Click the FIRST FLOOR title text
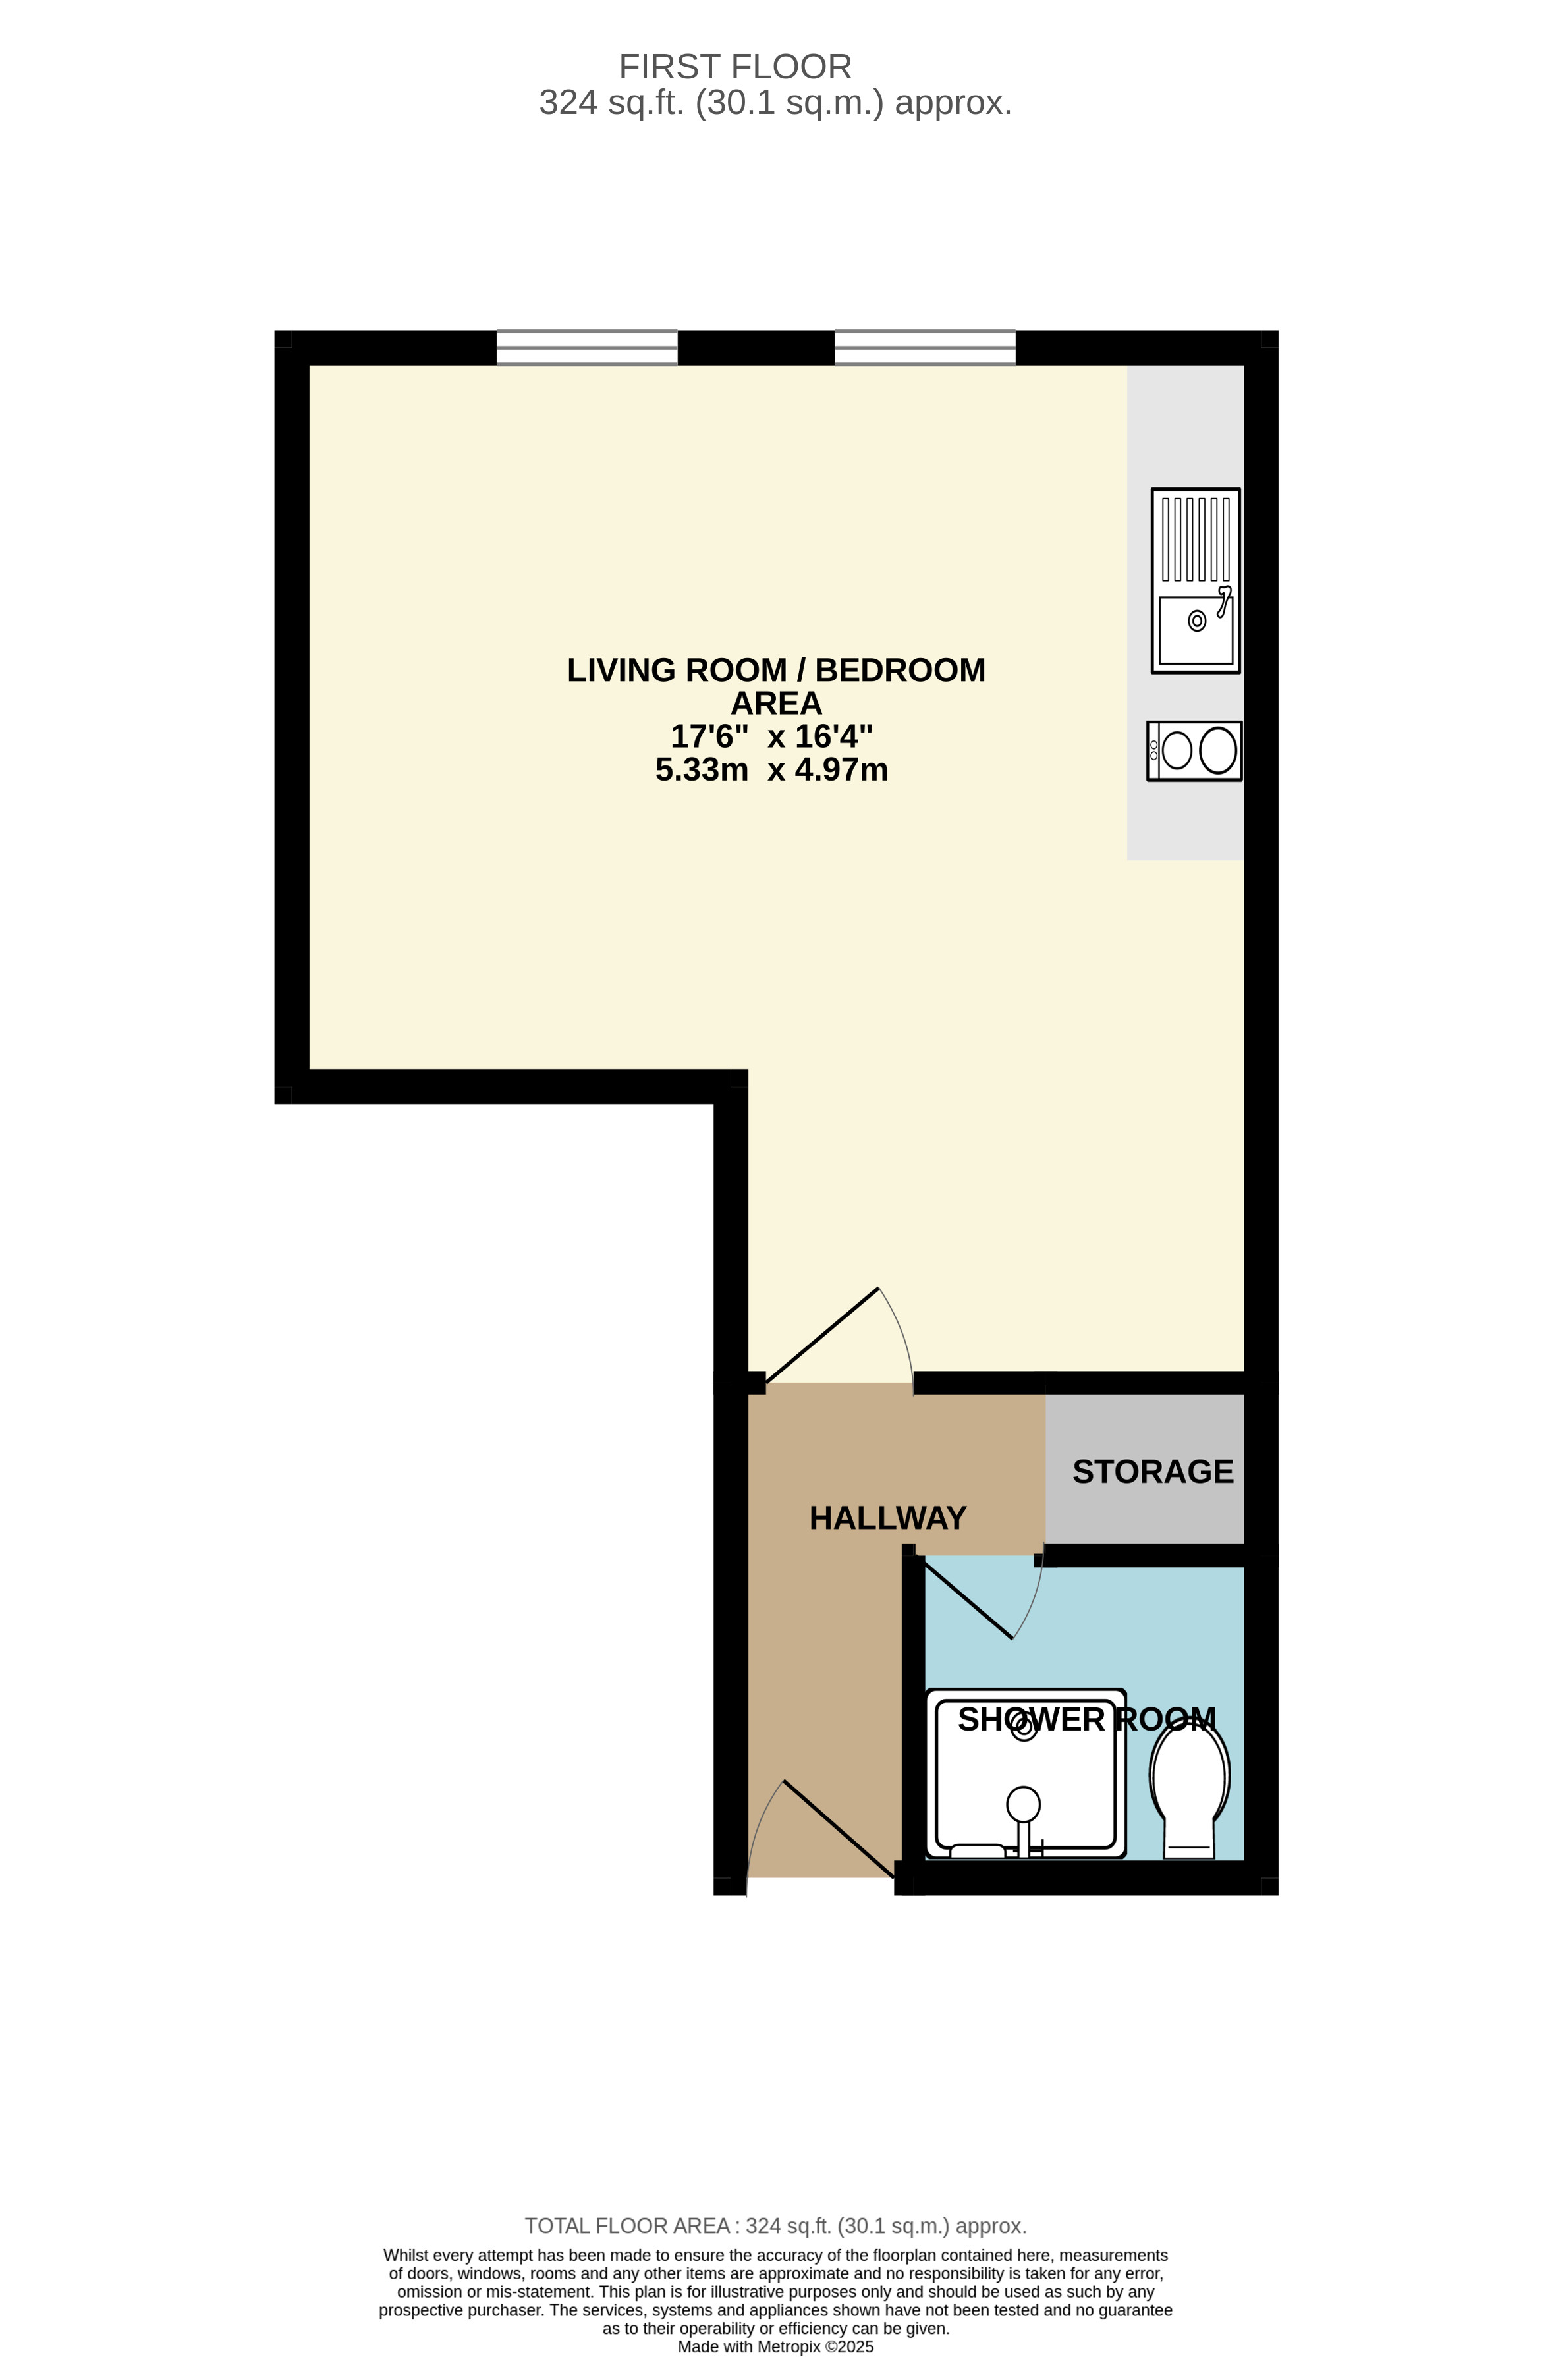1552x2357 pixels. click(x=735, y=67)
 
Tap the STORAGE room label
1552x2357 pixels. click(x=1153, y=1472)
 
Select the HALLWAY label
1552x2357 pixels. click(x=887, y=1518)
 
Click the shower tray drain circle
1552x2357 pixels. click(x=1024, y=1726)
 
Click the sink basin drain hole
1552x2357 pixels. click(x=1196, y=621)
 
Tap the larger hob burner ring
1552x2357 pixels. click(x=1217, y=751)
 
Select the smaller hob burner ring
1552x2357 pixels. click(x=1177, y=751)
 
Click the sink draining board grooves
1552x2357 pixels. click(x=1196, y=539)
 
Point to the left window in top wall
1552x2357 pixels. click(x=586, y=348)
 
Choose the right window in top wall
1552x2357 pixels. click(x=925, y=348)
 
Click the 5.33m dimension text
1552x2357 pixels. click(x=701, y=771)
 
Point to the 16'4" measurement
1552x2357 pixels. click(x=834, y=737)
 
